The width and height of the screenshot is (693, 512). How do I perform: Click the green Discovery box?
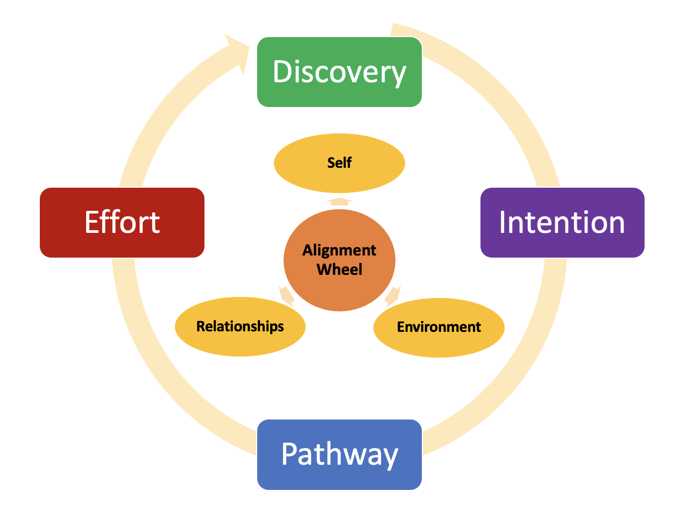click(x=339, y=72)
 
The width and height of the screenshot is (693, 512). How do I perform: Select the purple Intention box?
click(x=562, y=222)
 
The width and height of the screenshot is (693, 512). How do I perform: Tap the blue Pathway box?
click(x=339, y=454)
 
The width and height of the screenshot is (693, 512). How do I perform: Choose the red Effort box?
click(x=122, y=222)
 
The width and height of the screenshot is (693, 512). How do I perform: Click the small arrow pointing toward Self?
click(x=339, y=201)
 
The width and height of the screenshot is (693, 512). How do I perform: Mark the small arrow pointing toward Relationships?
click(x=286, y=295)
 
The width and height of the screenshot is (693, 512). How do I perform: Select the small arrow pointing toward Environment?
click(x=393, y=295)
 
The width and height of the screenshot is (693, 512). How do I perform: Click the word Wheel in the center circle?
click(x=339, y=269)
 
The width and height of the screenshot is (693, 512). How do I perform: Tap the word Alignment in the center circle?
click(x=339, y=250)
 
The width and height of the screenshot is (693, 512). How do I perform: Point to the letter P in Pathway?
click(x=289, y=454)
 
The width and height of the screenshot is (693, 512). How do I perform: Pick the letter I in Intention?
click(x=503, y=222)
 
